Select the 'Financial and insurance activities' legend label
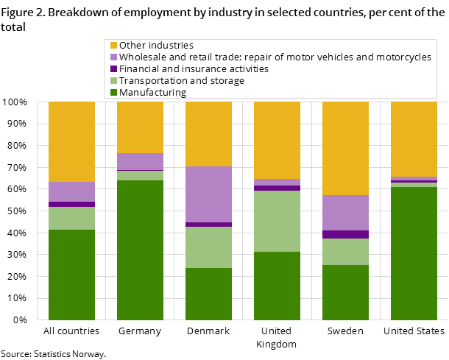[194, 69]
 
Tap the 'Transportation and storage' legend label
[182, 81]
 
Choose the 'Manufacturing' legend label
[153, 93]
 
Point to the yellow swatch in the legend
[113, 46]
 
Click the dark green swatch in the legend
[113, 93]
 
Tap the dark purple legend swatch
[113, 69]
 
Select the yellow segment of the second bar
[140, 127]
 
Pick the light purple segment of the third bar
[208, 194]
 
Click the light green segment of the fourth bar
[277, 221]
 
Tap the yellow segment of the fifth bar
[345, 148]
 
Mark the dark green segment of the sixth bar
[414, 253]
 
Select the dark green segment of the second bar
[140, 250]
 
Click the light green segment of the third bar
[208, 247]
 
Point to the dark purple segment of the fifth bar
[345, 234]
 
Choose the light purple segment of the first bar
[71, 191]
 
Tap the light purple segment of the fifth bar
[345, 213]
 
